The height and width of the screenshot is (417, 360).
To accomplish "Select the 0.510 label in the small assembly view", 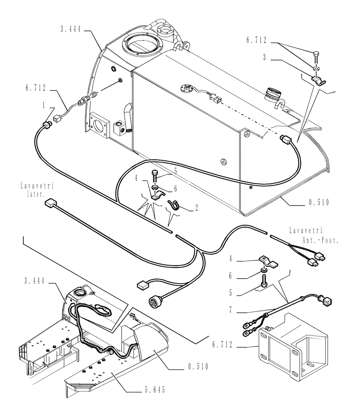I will (x=197, y=367).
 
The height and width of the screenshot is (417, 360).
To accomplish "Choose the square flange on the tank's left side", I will (x=100, y=124).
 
